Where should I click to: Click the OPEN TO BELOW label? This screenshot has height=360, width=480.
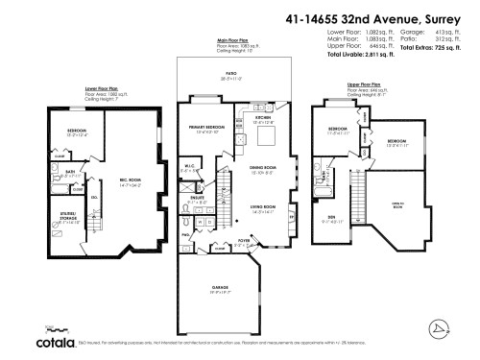click(397, 204)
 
